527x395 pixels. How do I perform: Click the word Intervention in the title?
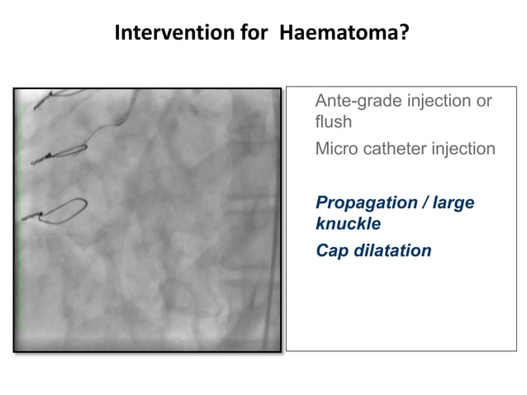[163, 33]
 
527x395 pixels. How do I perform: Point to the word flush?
[333, 122]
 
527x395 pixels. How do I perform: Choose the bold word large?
[453, 203]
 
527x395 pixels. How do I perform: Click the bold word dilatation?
[393, 250]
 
